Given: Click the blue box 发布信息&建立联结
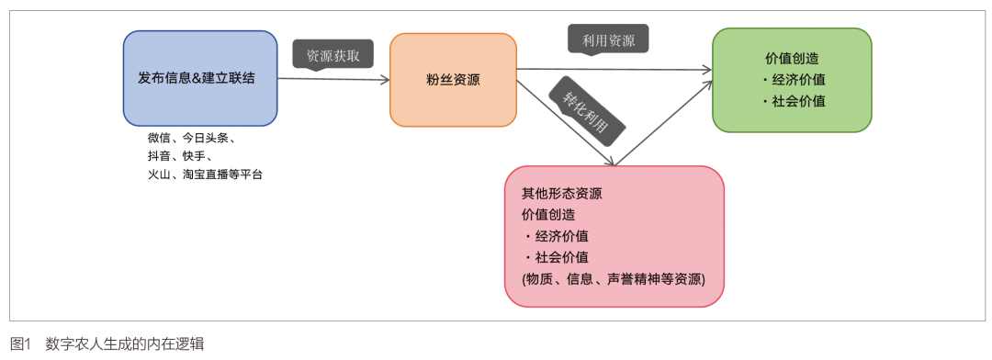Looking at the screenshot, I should tap(200, 78).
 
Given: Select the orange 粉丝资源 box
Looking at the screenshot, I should tap(453, 80).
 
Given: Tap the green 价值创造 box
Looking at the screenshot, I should tap(792, 80).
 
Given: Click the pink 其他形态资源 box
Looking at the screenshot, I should tap(614, 236).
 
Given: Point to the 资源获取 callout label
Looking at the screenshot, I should tap(333, 55).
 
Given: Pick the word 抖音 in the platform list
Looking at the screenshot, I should tap(159, 155).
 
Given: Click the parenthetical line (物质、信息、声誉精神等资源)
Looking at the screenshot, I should tap(614, 279).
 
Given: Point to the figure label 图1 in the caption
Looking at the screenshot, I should tap(20, 344).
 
